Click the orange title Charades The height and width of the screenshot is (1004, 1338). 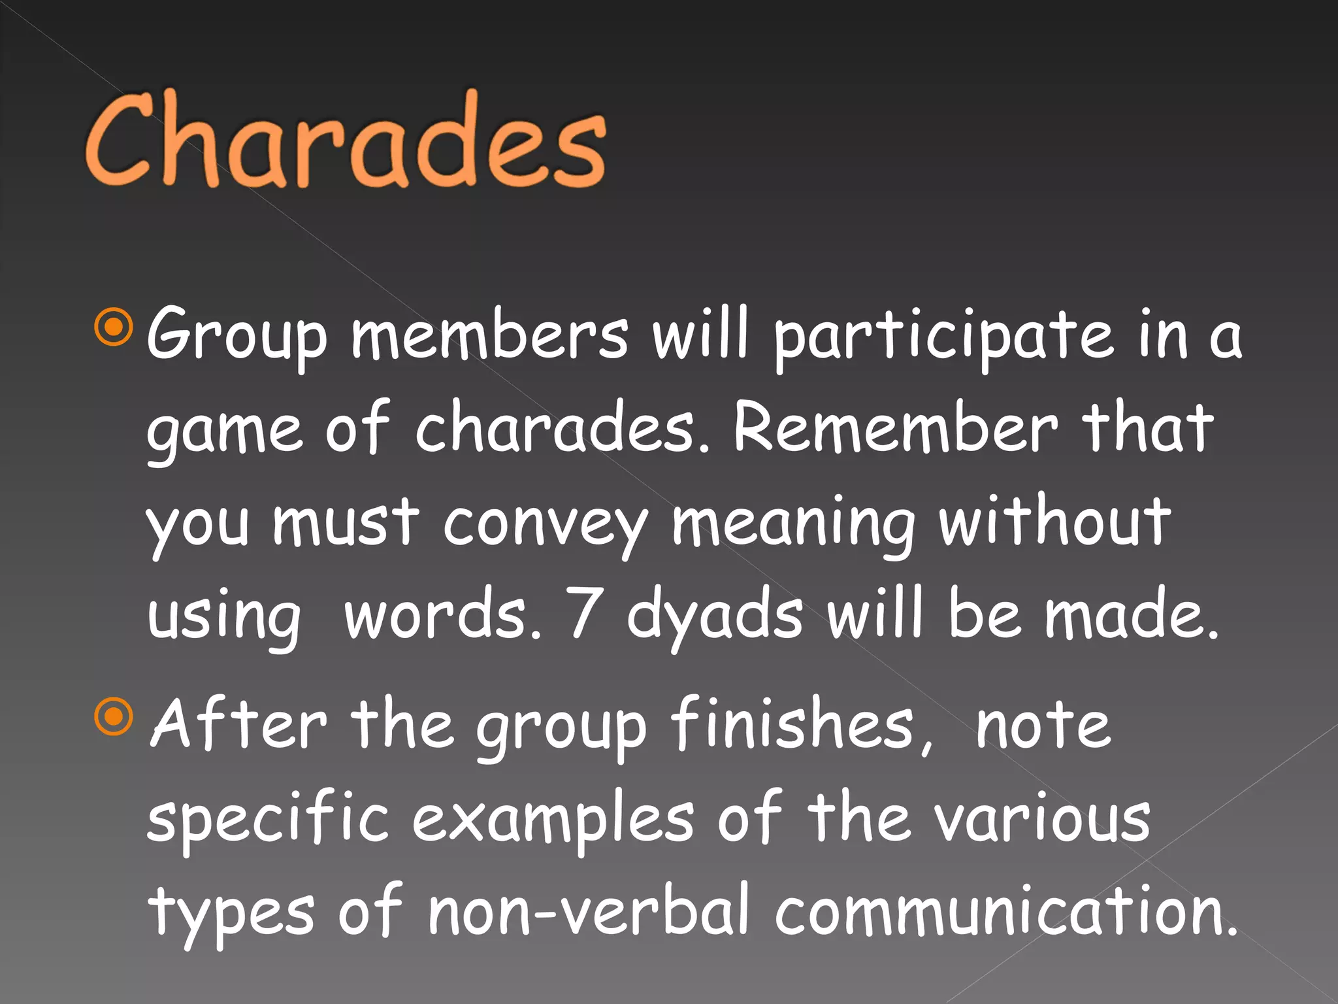coord(345,141)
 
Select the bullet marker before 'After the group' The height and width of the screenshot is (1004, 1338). coord(114,716)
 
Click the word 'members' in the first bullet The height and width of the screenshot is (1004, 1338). coord(490,335)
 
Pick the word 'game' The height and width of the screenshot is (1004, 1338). coord(225,431)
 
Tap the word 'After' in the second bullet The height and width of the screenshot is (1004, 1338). coord(238,724)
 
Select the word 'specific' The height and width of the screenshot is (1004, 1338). coord(268,820)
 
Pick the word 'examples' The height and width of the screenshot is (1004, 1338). coord(553,820)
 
